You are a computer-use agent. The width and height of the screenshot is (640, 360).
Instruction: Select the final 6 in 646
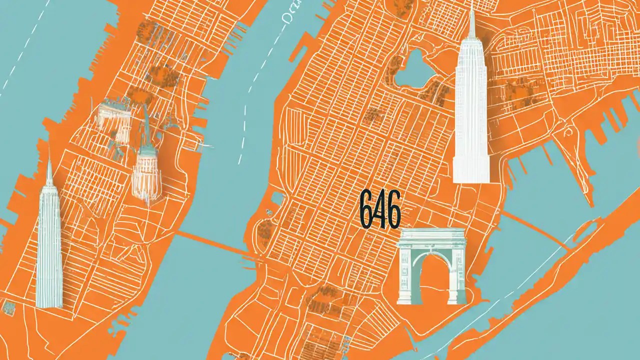tap(394, 212)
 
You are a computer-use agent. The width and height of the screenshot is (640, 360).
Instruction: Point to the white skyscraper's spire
tap(471, 20)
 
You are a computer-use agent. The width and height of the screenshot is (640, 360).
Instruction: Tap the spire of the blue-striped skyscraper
tap(49, 167)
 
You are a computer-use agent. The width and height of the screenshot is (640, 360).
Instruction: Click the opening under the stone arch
tap(431, 282)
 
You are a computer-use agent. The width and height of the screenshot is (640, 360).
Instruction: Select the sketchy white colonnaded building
tap(113, 117)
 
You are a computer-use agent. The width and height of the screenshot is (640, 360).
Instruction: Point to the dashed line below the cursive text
tap(250, 100)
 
